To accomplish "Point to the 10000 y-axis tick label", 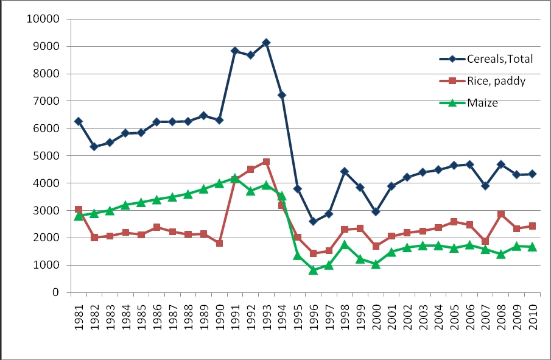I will (x=42, y=19).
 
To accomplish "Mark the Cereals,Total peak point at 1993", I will (x=266, y=43).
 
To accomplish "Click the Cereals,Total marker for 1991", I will (x=235, y=51).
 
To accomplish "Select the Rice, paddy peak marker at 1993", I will (x=266, y=162).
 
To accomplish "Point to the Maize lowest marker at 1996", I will (x=313, y=270).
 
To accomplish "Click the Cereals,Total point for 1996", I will (x=313, y=222).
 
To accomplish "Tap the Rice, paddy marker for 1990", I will (x=219, y=243).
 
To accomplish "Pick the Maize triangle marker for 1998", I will (x=345, y=244).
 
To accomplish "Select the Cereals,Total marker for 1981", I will (x=79, y=121).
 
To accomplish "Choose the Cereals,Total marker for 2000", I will (x=376, y=212).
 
